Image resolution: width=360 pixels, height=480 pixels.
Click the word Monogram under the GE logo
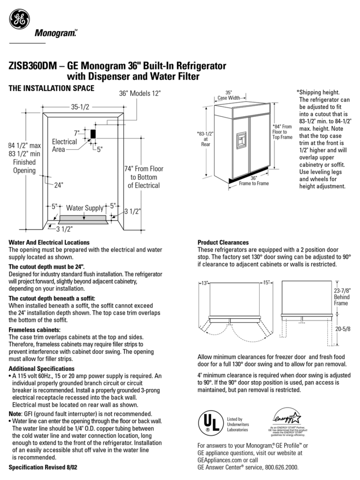coord(56,33)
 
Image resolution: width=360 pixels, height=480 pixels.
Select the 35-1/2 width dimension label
coord(80,107)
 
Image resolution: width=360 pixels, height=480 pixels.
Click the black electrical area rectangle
coord(93,134)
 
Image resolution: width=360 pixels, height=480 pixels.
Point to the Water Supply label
coord(85,208)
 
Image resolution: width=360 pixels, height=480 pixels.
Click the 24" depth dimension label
coord(58,185)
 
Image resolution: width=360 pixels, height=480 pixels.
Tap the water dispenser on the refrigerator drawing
coord(241,140)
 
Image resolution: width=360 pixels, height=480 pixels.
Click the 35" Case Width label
coord(229,95)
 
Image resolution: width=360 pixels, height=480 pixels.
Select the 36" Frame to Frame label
coord(254,181)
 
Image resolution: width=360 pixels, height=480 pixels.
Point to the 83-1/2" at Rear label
coord(205,139)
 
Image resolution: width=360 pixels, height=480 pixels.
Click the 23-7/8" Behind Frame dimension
coord(342,297)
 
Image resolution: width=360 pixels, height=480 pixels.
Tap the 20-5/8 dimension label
coord(343,329)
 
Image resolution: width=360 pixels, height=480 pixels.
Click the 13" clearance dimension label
coord(204,283)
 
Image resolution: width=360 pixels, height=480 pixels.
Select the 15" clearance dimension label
coord(266,283)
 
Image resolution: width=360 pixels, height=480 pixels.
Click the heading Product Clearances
coord(223,242)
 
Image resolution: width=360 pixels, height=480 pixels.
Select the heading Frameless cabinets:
coord(35,330)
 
